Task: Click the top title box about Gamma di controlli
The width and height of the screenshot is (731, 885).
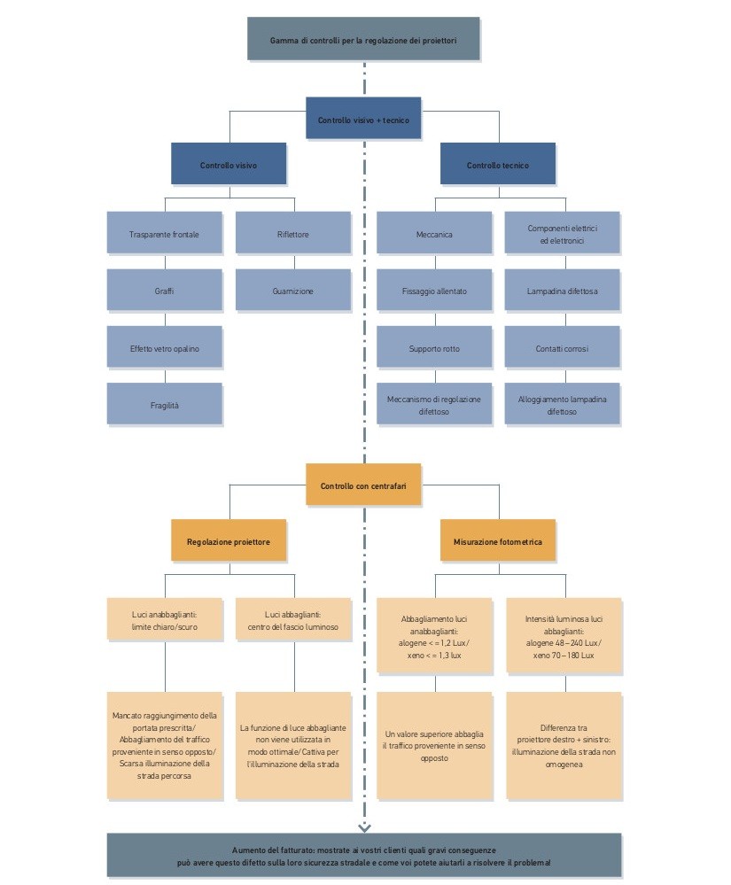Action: [x=363, y=40]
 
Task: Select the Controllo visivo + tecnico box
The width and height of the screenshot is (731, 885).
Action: [x=363, y=119]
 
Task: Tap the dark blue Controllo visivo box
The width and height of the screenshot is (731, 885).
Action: [x=229, y=165]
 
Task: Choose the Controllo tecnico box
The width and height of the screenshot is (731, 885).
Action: [x=498, y=165]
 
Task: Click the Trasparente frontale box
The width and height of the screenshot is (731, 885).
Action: [x=164, y=235]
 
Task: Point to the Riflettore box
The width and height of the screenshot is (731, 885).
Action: [x=292, y=235]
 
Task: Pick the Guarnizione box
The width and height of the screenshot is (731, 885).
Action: [x=292, y=291]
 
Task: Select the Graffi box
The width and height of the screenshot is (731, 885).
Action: [x=164, y=291]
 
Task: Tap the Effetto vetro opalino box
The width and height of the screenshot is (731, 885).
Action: [x=164, y=348]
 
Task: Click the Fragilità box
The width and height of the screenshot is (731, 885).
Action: [x=164, y=405]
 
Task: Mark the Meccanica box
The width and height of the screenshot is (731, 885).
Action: [x=434, y=235]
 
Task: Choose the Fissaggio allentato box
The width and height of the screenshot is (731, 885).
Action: [x=434, y=291]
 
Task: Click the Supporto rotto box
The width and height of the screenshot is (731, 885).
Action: [x=434, y=348]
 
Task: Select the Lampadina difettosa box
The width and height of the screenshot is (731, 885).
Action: [x=562, y=291]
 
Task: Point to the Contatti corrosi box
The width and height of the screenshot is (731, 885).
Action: [x=562, y=348]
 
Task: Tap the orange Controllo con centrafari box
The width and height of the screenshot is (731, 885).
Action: [x=363, y=485]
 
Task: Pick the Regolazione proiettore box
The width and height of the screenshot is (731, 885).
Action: [x=229, y=540]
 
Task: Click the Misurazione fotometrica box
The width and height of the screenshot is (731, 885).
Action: [x=498, y=540]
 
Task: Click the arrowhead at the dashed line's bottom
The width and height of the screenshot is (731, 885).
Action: [x=364, y=827]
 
